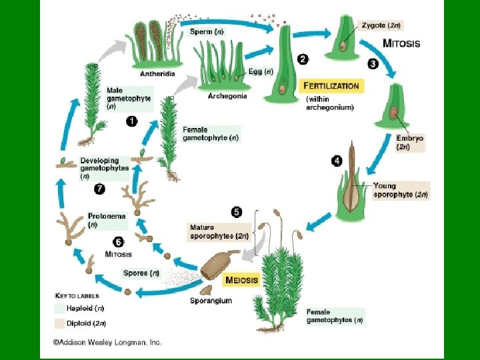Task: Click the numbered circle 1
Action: point(131,121)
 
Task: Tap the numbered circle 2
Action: point(303,59)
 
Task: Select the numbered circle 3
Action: point(373,63)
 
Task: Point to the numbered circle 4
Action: point(337,161)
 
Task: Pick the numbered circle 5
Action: point(237,212)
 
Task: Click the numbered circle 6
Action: point(118,242)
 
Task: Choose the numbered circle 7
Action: point(99,189)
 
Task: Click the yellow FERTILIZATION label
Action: point(331,85)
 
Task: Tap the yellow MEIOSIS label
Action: point(241,280)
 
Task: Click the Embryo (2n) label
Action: point(410,143)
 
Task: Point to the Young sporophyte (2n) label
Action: point(400,191)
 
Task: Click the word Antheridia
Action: point(159,73)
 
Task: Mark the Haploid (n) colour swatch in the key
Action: point(60,308)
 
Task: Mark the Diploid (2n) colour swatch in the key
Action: point(60,323)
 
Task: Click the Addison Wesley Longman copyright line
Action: point(107,343)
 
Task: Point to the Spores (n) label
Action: point(141,273)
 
